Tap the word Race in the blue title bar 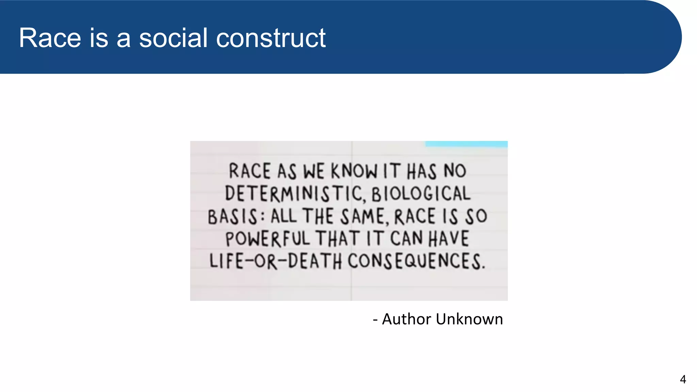[50, 38]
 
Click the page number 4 [683, 379]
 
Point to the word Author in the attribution [407, 319]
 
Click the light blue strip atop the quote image [466, 144]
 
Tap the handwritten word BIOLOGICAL [421, 194]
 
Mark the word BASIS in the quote [232, 217]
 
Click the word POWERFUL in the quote [268, 239]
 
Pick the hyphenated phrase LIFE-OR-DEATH [275, 261]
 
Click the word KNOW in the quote [354, 171]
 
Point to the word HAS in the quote [422, 171]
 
